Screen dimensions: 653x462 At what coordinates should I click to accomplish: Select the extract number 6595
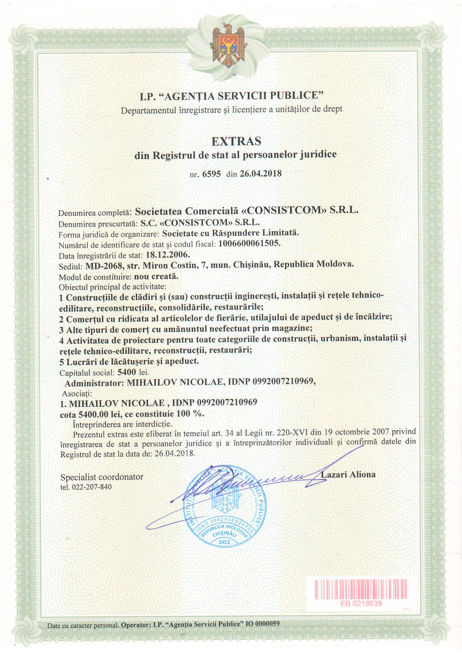coord(211,174)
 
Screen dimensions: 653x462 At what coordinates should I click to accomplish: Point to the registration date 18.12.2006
coord(168,254)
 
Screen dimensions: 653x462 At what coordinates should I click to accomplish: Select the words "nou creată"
coord(156,276)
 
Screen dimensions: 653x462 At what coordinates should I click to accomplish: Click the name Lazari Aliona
coord(348,474)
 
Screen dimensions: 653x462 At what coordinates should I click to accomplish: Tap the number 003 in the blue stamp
coord(224,542)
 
